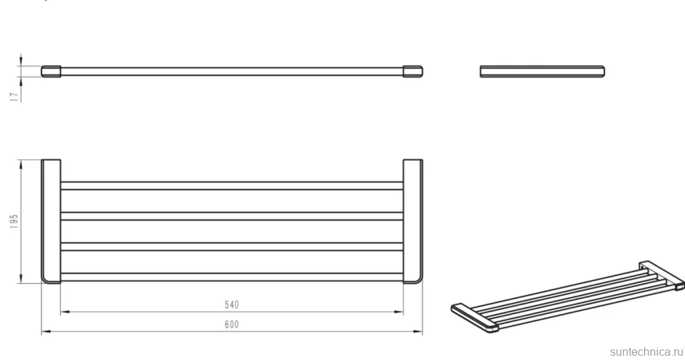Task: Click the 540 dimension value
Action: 232,304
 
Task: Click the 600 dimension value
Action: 232,325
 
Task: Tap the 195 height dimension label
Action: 14,221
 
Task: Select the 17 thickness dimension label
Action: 15,97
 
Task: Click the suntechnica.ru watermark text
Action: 647,352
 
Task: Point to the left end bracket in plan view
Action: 51,221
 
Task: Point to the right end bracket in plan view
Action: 413,221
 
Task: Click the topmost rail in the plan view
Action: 232,186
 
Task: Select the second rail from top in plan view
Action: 232,216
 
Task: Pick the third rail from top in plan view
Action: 232,247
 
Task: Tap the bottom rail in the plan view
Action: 232,277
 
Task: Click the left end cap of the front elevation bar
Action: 51,72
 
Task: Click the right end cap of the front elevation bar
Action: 413,72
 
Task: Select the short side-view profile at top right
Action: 542,72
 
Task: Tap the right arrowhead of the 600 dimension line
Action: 418,332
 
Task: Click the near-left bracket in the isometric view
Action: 475,317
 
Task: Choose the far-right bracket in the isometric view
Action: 662,275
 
